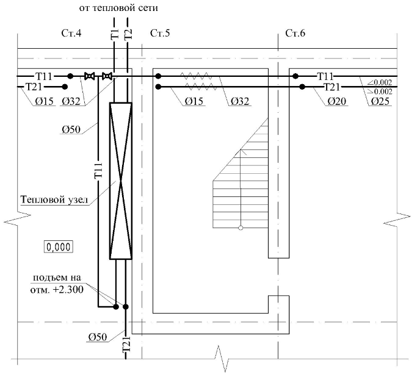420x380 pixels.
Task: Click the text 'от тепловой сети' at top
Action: (x=118, y=8)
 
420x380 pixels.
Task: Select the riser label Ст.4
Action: (x=71, y=33)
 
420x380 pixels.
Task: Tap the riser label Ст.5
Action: (x=160, y=33)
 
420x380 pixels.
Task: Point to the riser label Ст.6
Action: (x=295, y=33)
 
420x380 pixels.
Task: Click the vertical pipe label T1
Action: (x=115, y=34)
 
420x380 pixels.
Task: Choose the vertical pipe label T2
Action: (x=128, y=34)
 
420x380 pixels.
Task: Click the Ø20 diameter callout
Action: (x=337, y=101)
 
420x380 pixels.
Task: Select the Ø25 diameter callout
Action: (x=380, y=101)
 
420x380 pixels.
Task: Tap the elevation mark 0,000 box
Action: (x=59, y=247)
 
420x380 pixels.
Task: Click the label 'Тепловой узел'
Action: (x=54, y=200)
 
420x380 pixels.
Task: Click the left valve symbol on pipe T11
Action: (x=89, y=76)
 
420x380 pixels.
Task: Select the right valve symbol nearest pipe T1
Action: (x=107, y=76)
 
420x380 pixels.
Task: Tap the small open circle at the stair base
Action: (x=241, y=228)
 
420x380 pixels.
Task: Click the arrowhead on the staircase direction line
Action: (x=241, y=152)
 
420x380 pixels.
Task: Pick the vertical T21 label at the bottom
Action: (x=126, y=344)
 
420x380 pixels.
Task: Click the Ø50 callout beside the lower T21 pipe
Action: (x=98, y=337)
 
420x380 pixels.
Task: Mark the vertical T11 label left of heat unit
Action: (x=98, y=170)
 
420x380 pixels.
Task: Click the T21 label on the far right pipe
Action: (x=331, y=87)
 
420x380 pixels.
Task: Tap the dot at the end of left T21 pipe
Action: (x=65, y=87)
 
